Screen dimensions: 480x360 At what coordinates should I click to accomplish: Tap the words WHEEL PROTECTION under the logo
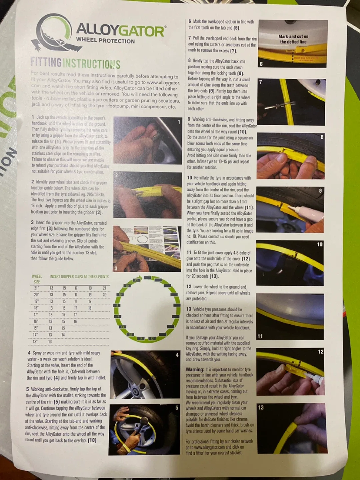pos(105,41)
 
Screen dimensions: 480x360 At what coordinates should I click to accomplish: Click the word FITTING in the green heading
pos(46,62)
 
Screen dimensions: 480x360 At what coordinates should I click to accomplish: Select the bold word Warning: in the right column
pos(195,369)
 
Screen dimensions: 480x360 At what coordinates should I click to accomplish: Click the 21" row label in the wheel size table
pos(37,288)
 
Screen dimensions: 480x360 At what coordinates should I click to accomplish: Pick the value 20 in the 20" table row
pos(104,295)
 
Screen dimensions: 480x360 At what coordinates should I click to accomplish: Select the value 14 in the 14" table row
pos(63,335)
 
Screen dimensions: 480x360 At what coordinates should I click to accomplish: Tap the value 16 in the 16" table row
pos(75,321)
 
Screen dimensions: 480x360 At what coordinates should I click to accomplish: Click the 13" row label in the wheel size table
pos(35,341)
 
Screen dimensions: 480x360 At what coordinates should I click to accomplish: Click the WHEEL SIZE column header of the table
pos(37,279)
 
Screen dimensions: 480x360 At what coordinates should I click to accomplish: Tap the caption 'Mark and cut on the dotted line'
pos(293,39)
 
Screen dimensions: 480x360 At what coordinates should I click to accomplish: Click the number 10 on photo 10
pos(320,244)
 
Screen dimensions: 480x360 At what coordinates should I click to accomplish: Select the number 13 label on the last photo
pos(261,407)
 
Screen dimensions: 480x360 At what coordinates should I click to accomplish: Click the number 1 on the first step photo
pos(179,122)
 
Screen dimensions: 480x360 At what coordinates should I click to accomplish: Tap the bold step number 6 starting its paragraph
pos(190,21)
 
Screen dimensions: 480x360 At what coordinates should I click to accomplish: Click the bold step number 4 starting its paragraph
pos(29,353)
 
